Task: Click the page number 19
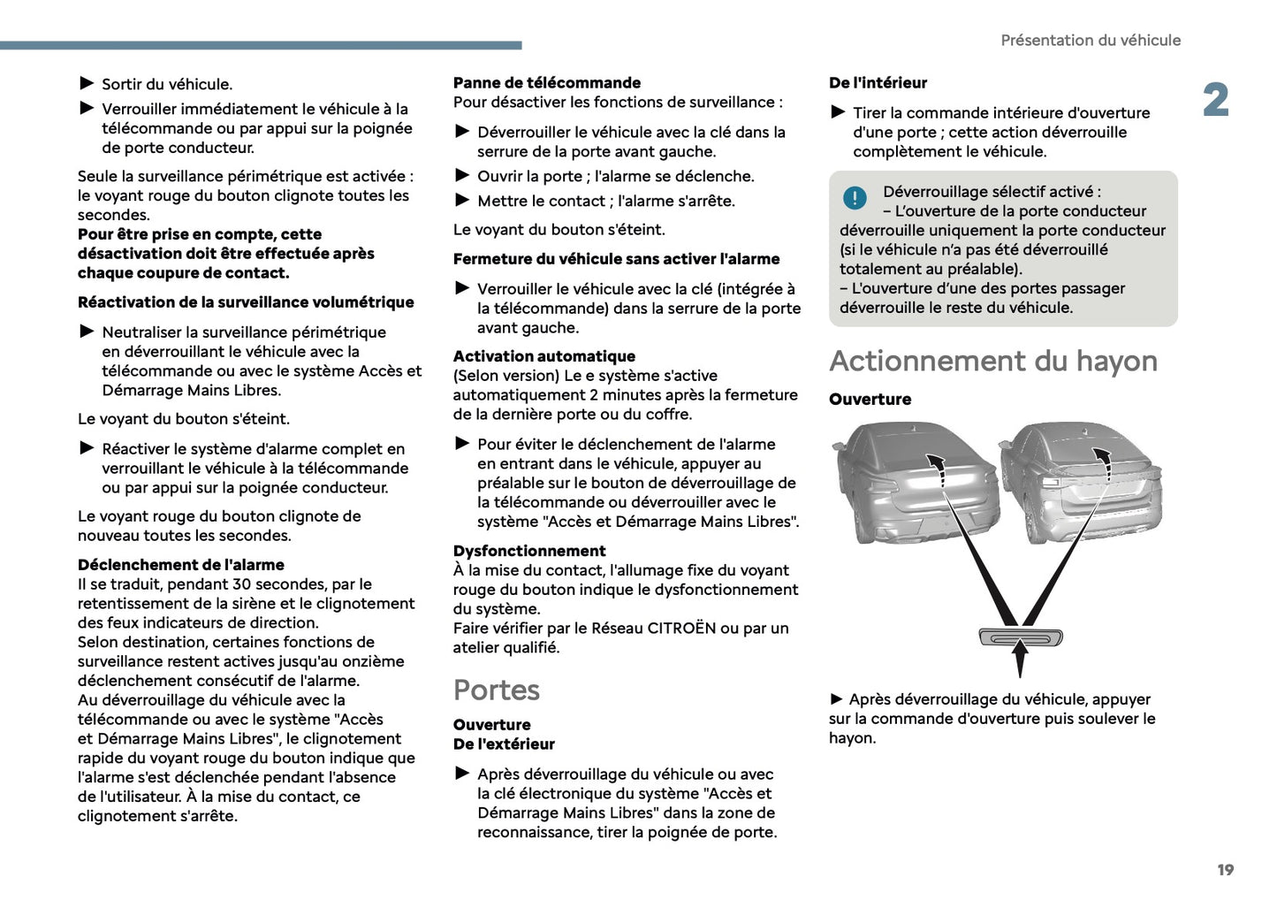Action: (x=1225, y=870)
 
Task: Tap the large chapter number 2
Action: (x=1216, y=101)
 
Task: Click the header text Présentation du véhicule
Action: (x=1090, y=40)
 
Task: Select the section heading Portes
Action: (x=496, y=690)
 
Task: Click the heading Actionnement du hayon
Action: (x=992, y=361)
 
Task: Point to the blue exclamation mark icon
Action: (x=854, y=198)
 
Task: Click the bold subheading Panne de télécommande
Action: (x=546, y=82)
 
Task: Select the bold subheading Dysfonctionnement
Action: (x=529, y=551)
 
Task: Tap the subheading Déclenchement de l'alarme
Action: (x=180, y=564)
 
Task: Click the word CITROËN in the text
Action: (x=681, y=628)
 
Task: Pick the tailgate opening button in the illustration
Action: (x=1020, y=637)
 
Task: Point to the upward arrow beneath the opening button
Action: (x=1020, y=661)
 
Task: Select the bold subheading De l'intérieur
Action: (x=878, y=82)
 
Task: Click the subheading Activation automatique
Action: (x=543, y=356)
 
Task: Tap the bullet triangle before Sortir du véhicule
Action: (x=87, y=83)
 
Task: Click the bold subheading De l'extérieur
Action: (x=504, y=744)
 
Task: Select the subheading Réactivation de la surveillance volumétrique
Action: (x=246, y=302)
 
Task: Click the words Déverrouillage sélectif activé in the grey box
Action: (x=991, y=191)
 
